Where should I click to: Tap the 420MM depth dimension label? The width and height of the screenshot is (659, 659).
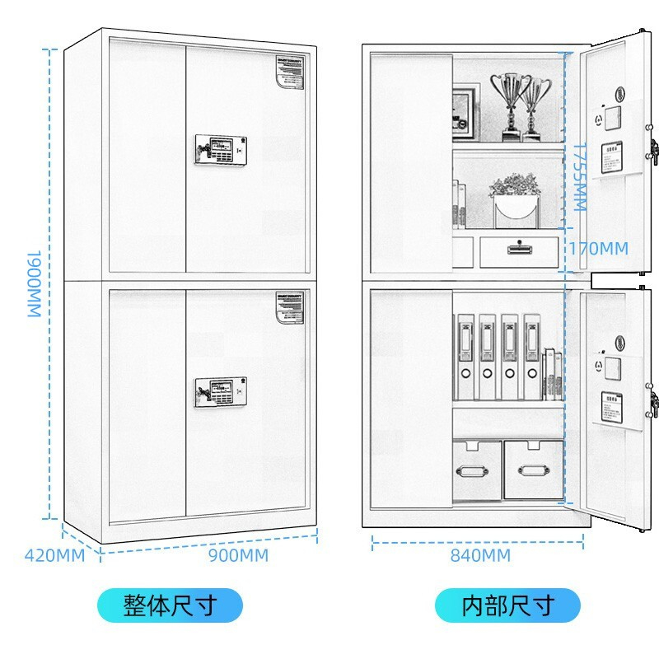[54, 555]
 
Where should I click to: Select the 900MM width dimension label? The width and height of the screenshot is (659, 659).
[238, 555]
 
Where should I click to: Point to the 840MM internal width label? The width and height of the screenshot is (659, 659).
[480, 555]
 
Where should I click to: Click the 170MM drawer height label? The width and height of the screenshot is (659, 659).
[598, 248]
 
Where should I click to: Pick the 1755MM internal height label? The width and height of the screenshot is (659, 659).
[581, 176]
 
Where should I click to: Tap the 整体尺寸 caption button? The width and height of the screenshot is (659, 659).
[171, 606]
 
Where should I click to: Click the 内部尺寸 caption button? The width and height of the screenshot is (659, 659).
[507, 606]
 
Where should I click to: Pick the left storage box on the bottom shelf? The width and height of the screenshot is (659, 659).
[477, 470]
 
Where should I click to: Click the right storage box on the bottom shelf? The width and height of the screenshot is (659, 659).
[532, 470]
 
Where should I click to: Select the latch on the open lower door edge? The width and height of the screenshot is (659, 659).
[654, 404]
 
